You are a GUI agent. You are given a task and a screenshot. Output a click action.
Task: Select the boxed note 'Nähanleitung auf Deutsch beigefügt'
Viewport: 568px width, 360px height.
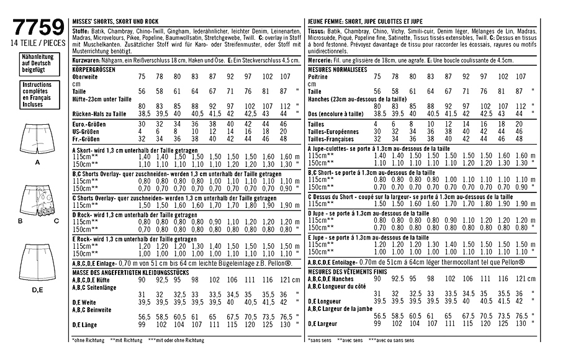tap(36, 63)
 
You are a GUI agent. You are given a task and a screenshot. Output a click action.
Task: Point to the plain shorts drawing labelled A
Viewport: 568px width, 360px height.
tap(37, 138)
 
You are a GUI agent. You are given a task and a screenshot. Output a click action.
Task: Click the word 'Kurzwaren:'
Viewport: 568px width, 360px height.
tap(86, 61)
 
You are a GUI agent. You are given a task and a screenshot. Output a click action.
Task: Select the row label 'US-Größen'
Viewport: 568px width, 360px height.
tap(89, 132)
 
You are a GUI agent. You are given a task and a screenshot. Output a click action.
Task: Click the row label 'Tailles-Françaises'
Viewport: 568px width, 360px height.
tap(336, 139)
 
